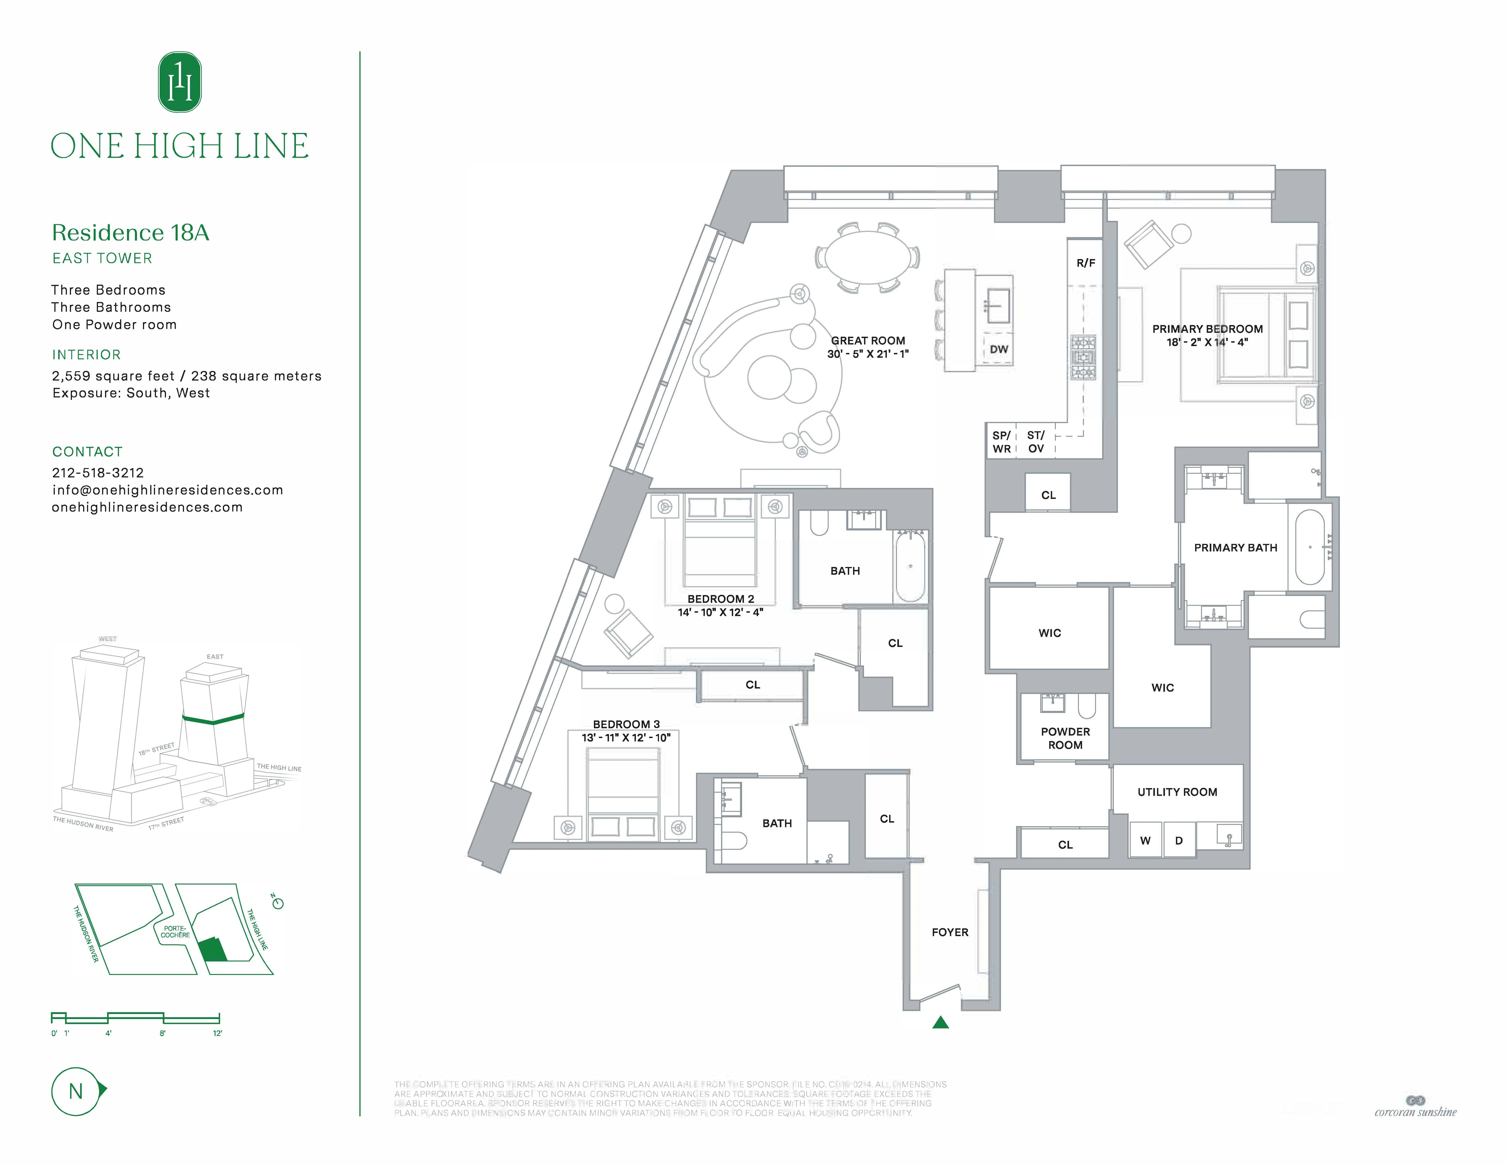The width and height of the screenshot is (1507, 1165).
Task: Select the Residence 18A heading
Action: click(x=130, y=233)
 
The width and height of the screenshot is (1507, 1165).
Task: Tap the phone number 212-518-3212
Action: click(x=98, y=473)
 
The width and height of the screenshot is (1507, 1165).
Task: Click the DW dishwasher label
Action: click(x=999, y=349)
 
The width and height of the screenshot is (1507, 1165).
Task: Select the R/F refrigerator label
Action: click(x=1085, y=263)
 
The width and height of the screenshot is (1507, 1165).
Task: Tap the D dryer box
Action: click(x=1179, y=840)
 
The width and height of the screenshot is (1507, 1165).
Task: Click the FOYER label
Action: click(x=949, y=932)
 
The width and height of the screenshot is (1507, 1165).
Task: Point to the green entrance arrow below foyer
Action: click(x=941, y=1022)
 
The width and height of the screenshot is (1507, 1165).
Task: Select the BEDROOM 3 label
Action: click(x=626, y=724)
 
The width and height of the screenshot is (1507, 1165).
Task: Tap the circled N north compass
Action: click(x=76, y=1091)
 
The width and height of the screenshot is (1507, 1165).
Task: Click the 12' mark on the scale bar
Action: click(x=217, y=1033)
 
